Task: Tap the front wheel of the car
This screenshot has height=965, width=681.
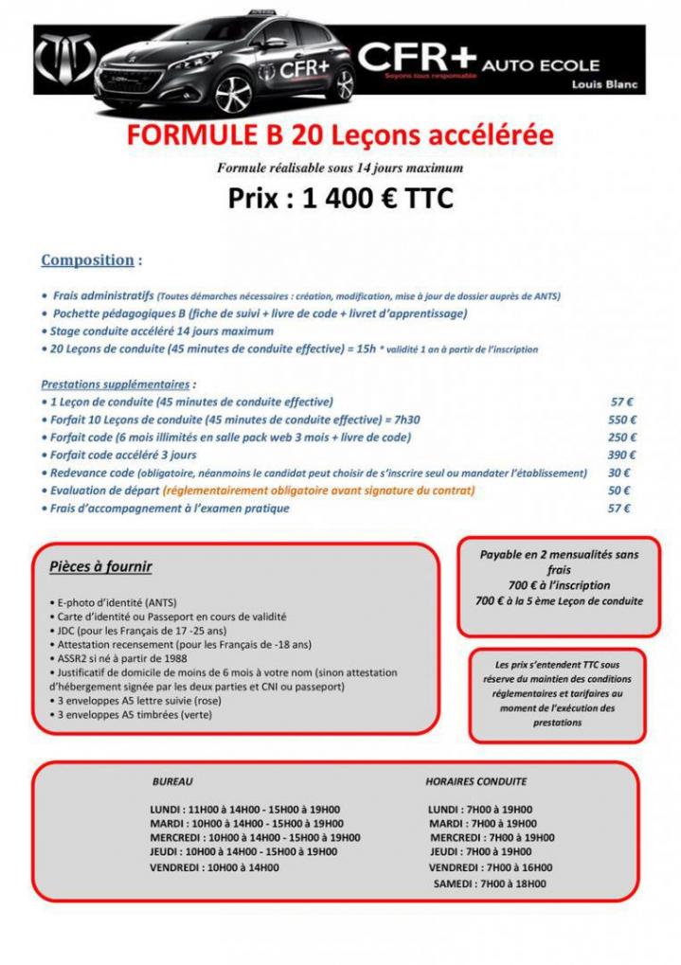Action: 235,94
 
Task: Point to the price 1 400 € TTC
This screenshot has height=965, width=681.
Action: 340,200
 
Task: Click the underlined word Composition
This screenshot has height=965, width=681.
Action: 87,259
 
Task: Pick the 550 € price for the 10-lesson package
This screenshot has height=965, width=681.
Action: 621,420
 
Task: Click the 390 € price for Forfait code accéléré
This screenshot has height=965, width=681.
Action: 621,455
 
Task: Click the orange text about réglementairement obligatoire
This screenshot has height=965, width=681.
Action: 318,491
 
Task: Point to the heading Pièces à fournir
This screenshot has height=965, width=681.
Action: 100,567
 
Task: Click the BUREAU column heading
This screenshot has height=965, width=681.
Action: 172,782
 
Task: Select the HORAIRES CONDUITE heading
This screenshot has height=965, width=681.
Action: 476,782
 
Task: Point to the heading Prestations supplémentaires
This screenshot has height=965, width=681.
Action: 116,384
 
